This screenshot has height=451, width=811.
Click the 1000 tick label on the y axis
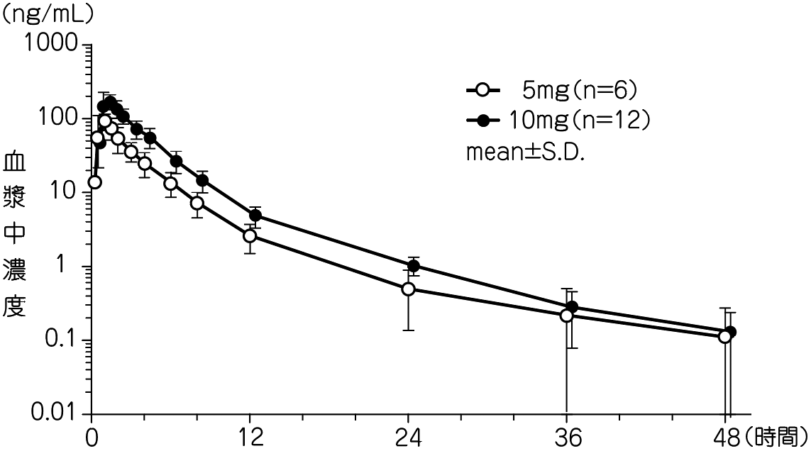pos(54,44)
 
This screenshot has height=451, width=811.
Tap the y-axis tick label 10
pos(68,192)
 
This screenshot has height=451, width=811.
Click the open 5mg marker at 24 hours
pos(408,289)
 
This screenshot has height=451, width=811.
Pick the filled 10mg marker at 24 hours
pos(414,266)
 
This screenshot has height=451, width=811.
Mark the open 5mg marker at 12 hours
pos(250,236)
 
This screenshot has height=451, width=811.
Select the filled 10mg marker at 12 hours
pos(255,216)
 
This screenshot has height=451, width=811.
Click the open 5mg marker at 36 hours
pos(566,316)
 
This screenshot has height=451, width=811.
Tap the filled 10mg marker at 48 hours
pos(730,332)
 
